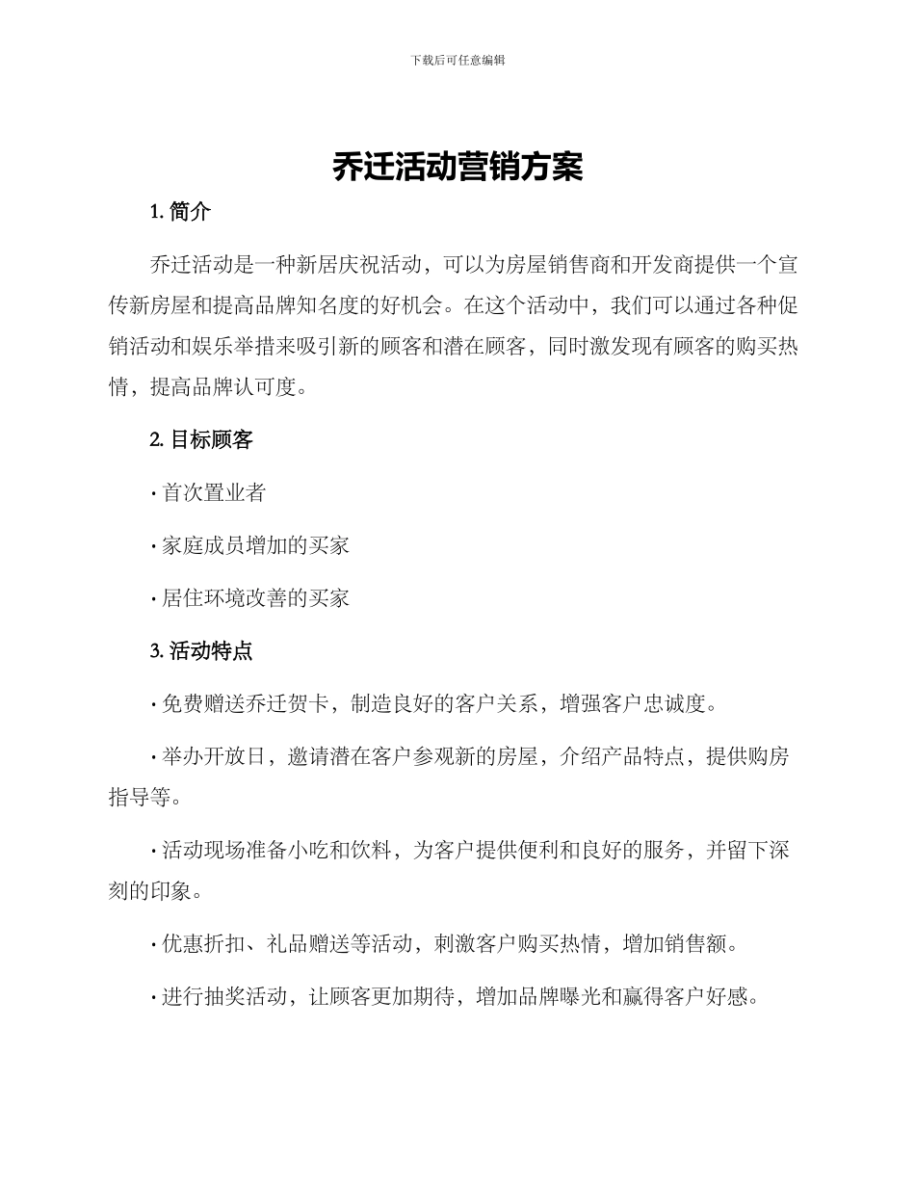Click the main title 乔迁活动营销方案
[x=457, y=168]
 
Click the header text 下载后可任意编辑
[x=457, y=60]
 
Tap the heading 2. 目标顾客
[x=201, y=440]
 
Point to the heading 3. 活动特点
[x=201, y=651]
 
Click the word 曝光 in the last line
[x=579, y=997]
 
